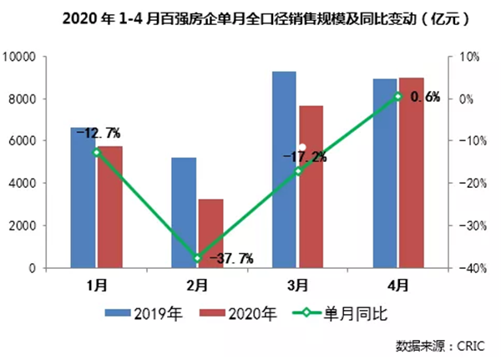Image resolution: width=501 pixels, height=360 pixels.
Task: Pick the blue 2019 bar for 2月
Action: point(184,213)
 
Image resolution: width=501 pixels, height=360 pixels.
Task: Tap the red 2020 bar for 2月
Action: point(210,234)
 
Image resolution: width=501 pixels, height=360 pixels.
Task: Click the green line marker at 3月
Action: point(298,171)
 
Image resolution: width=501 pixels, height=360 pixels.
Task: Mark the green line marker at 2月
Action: point(198,258)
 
